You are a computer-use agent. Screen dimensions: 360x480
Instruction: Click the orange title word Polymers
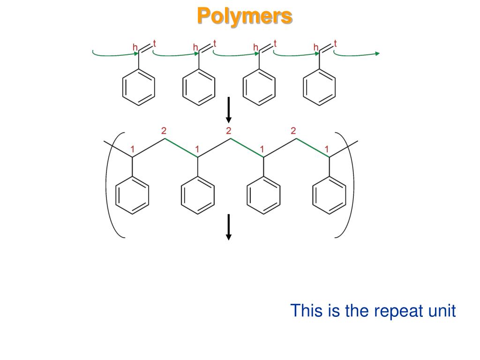[244, 16]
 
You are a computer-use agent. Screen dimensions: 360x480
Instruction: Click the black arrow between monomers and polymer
[229, 110]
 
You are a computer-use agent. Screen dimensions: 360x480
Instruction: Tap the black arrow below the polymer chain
[229, 227]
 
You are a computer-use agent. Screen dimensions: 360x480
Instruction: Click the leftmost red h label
[135, 47]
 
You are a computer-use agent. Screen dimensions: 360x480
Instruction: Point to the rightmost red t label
[336, 44]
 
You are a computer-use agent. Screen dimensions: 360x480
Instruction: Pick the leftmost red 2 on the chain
[164, 130]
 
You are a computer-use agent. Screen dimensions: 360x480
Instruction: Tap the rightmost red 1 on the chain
[327, 149]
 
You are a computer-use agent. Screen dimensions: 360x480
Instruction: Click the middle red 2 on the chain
[229, 130]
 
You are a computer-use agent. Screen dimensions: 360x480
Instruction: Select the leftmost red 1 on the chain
[133, 149]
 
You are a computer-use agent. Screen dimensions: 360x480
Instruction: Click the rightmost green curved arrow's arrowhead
[377, 54]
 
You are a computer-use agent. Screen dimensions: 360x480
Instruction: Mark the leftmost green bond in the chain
[181, 148]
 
